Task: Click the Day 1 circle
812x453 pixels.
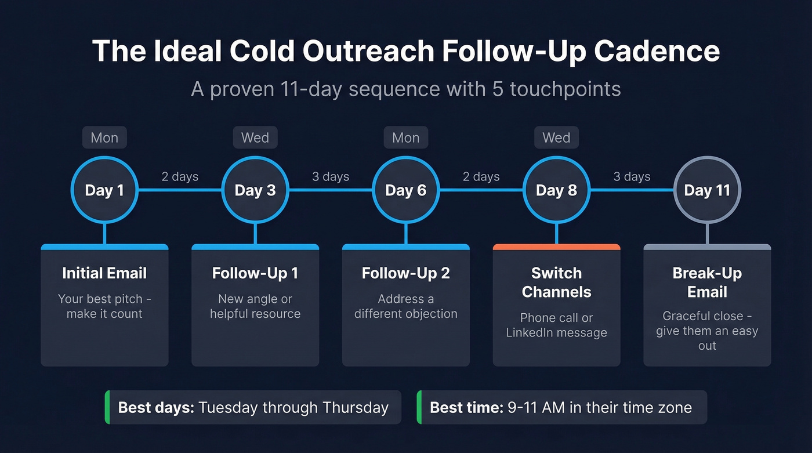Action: coord(104,190)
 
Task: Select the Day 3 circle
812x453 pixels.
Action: coord(255,190)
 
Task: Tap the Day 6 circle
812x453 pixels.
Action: coord(405,190)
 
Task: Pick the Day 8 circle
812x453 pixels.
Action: coord(556,190)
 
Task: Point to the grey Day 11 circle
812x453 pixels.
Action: coord(707,190)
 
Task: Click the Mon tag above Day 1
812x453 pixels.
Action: coord(104,138)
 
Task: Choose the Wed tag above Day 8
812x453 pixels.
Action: coord(556,138)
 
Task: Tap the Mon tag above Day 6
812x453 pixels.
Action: coord(405,138)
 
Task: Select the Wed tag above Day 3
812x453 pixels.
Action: coord(255,138)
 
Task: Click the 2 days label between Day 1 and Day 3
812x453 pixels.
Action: coord(180,177)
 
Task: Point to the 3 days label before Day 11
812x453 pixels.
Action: coord(632,177)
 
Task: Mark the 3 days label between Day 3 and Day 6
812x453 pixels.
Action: coord(331,177)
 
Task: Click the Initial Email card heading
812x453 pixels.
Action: coord(104,273)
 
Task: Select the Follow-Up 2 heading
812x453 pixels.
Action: coord(405,273)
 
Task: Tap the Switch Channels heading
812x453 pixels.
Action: coord(556,282)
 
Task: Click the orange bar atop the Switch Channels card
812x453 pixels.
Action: coord(556,247)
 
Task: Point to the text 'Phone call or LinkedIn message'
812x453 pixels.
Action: coord(556,325)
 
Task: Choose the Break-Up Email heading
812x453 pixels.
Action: coord(707,282)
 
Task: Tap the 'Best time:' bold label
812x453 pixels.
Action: coord(466,407)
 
